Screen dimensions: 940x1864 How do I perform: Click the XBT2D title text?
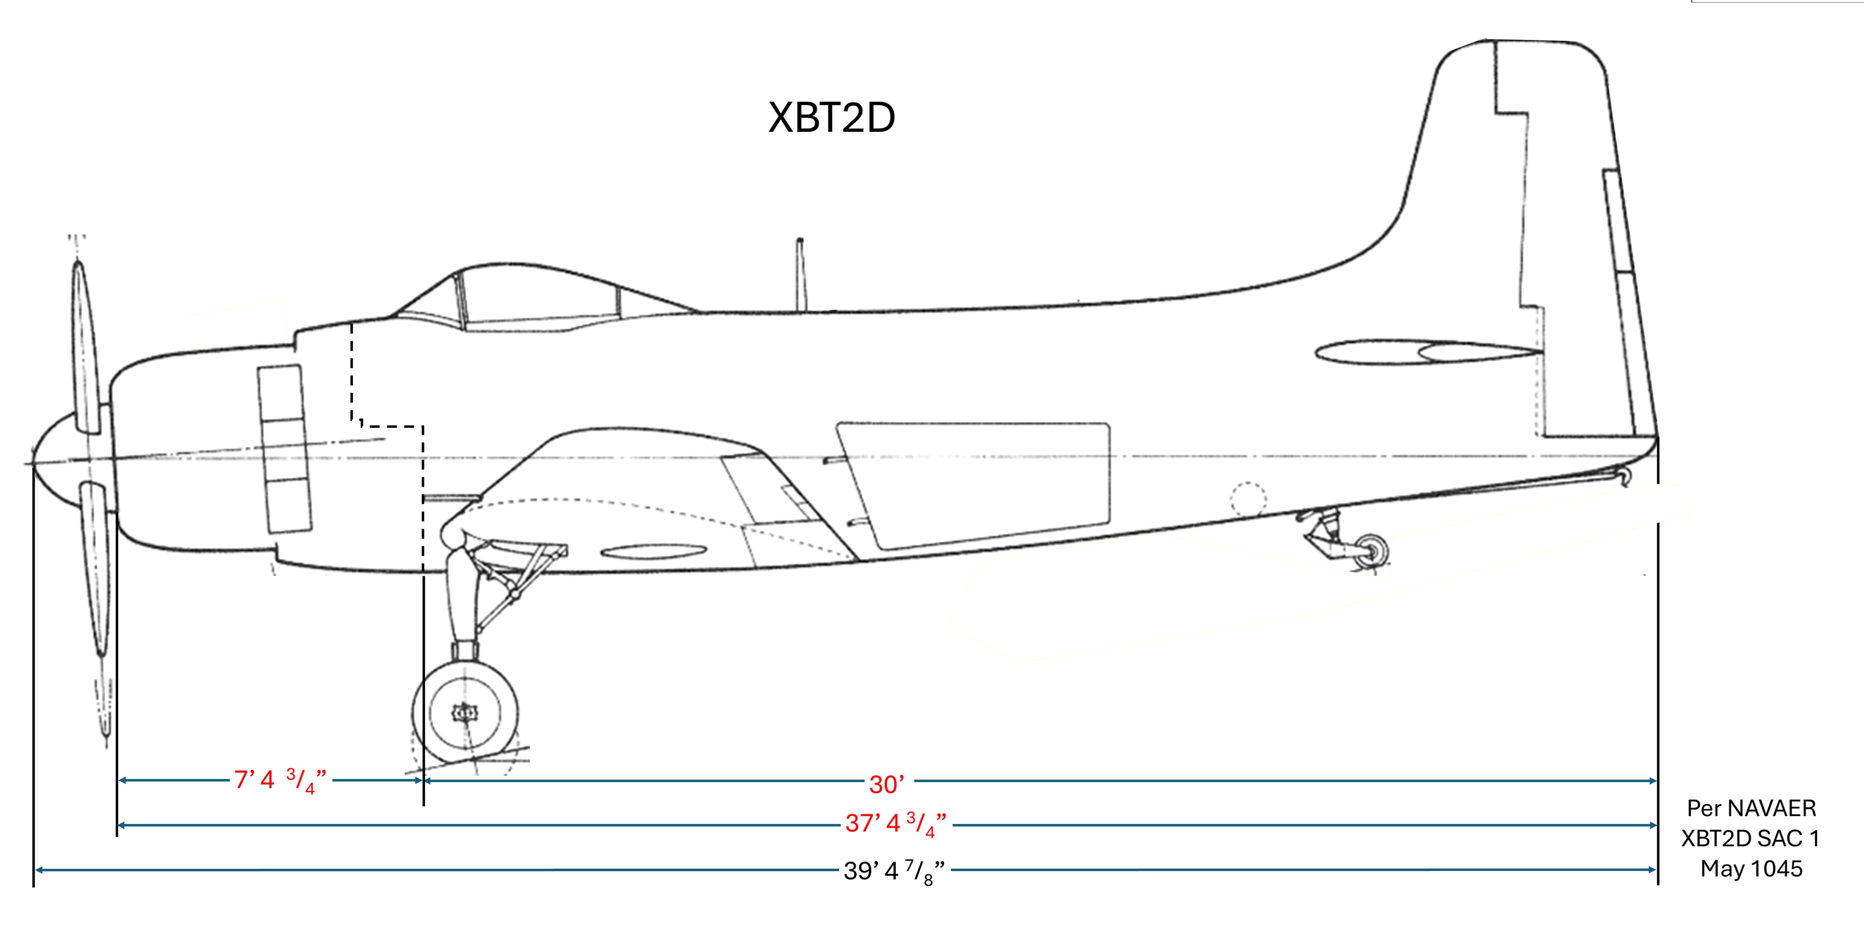pyautogui.click(x=832, y=117)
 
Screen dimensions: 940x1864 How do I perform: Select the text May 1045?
pyautogui.click(x=1751, y=868)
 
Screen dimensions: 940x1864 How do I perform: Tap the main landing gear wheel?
pyautogui.click(x=464, y=713)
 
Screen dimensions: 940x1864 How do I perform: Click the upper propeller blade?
pyautogui.click(x=85, y=347)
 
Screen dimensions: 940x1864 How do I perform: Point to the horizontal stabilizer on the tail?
pyautogui.click(x=1425, y=353)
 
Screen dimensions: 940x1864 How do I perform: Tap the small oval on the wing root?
pyautogui.click(x=653, y=553)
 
